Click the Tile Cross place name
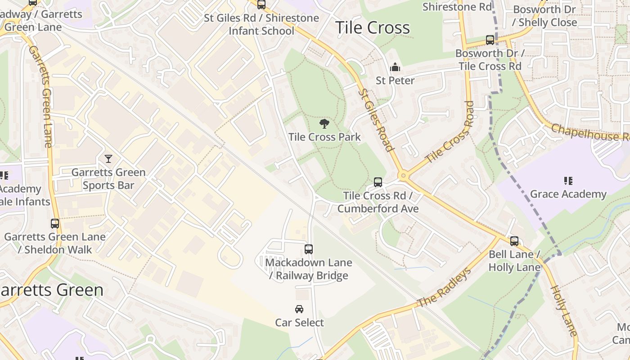(x=373, y=28)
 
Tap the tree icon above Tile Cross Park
(x=324, y=124)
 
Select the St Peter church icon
(x=395, y=67)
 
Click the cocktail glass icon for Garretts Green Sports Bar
(x=108, y=158)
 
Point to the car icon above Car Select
(x=299, y=309)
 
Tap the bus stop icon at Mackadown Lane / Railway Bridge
(x=309, y=249)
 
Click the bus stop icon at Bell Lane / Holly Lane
(x=514, y=241)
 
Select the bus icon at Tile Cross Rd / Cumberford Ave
(x=378, y=182)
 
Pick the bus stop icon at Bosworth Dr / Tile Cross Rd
(x=490, y=40)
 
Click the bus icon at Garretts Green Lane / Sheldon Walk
(x=55, y=223)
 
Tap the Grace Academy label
(x=568, y=194)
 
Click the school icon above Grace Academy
(x=568, y=181)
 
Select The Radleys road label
(x=444, y=288)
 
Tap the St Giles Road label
(x=376, y=120)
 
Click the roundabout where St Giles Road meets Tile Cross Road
(x=403, y=175)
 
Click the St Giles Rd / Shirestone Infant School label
(x=261, y=24)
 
